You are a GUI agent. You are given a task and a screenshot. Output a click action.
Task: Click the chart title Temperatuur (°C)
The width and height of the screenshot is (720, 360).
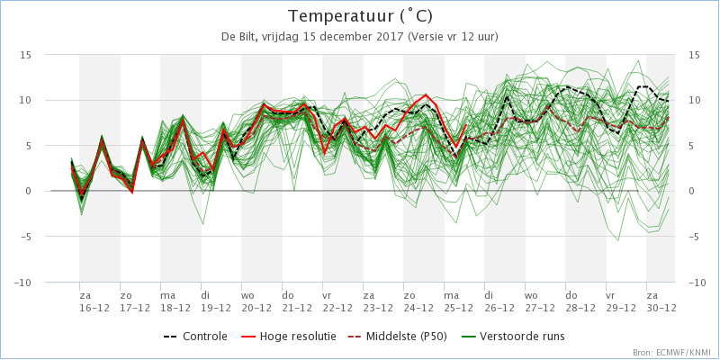click(360, 16)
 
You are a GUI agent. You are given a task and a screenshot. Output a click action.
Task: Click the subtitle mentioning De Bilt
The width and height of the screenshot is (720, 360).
click(360, 37)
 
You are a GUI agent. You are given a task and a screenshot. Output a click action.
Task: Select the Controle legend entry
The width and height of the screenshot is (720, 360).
click(195, 337)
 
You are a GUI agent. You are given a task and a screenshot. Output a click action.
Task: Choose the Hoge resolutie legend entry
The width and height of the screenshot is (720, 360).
click(288, 337)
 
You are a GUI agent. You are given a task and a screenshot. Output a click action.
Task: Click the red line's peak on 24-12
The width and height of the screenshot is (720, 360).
click(426, 94)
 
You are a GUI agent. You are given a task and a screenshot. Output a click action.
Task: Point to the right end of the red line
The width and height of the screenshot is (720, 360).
click(466, 124)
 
